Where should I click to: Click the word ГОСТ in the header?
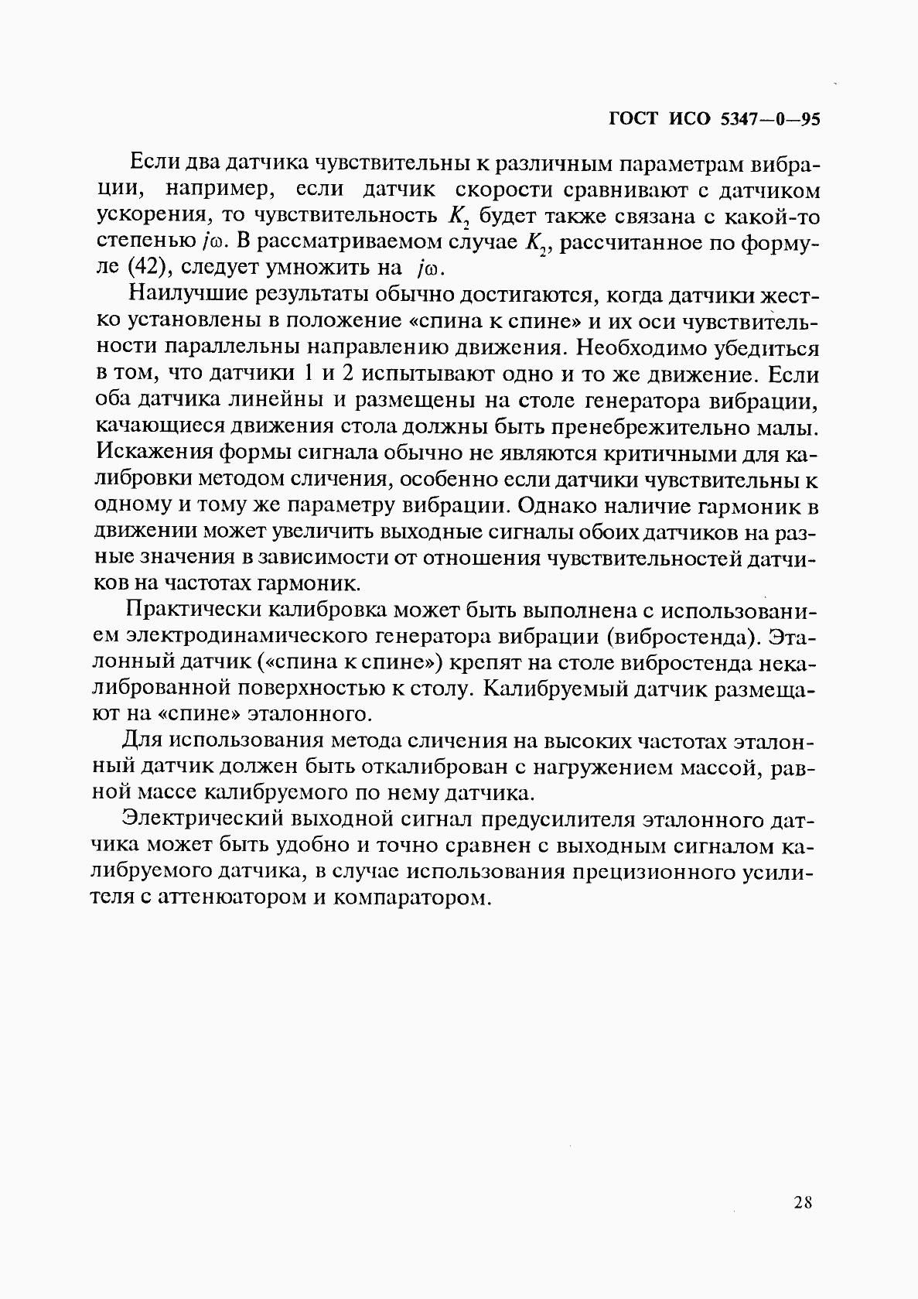(x=633, y=119)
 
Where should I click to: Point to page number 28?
(x=802, y=1202)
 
